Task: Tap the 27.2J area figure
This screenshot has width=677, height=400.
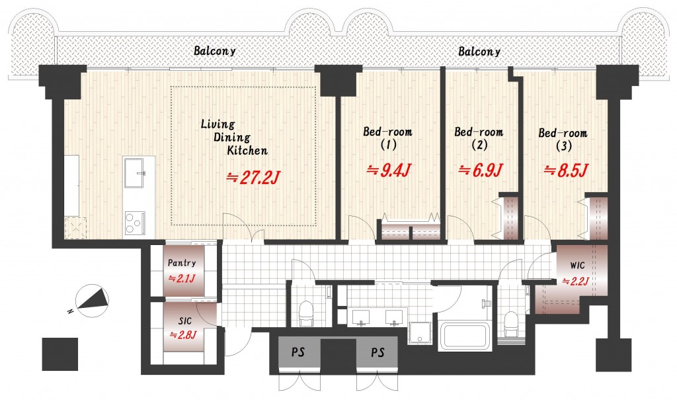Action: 255,177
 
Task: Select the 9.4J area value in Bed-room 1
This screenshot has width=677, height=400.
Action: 389,170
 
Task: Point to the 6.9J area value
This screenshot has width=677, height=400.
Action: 480,170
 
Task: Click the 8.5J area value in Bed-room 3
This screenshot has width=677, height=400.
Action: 566,171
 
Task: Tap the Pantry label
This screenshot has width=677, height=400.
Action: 182,262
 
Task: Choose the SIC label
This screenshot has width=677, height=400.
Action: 185,321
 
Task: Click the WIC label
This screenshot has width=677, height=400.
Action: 577,265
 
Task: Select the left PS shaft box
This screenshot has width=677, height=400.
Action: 298,352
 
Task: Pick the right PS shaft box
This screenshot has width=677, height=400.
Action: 378,352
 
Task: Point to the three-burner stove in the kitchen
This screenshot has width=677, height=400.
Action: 135,223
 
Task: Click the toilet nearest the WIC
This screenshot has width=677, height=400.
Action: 511,323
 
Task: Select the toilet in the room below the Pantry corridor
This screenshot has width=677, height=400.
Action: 306,313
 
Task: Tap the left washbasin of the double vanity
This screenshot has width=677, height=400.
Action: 360,317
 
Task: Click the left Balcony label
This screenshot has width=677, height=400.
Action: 215,50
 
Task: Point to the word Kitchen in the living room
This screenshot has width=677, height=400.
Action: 247,150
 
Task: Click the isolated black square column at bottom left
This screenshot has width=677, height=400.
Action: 60,354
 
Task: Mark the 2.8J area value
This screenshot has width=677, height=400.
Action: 182,334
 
